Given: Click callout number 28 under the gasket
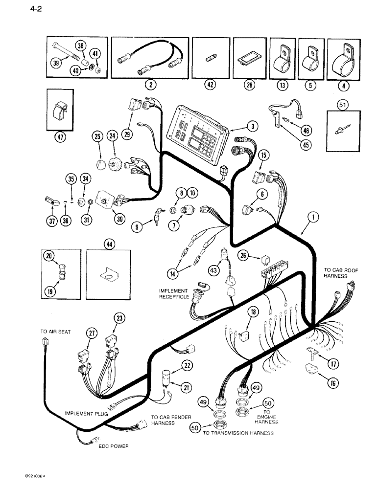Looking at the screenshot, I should coord(243,85).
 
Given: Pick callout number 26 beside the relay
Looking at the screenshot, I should coord(243,255).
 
